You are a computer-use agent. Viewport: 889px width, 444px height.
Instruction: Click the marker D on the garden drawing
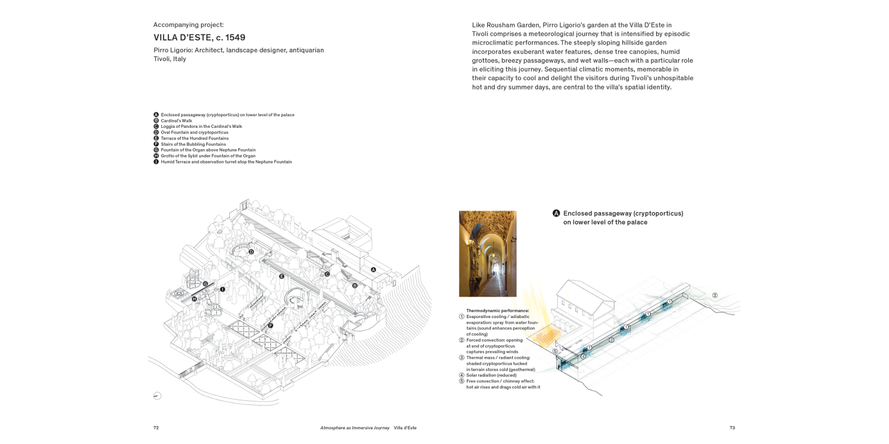251,252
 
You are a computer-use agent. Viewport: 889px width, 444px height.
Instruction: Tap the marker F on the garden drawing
270,326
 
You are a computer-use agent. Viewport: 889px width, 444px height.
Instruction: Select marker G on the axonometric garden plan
205,284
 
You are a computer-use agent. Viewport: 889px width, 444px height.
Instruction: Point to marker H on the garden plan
194,299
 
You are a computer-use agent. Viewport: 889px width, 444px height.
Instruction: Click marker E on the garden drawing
282,276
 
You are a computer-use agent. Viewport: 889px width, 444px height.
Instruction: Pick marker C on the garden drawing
327,274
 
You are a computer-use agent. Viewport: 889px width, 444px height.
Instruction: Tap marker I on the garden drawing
222,289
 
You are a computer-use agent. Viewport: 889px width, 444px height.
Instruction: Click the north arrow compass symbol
157,396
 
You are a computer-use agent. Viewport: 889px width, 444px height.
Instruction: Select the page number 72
156,428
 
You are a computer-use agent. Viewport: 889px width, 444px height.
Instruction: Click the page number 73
732,428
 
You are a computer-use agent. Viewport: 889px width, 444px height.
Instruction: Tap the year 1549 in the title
234,38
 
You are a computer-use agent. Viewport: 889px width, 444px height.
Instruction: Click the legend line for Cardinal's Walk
176,121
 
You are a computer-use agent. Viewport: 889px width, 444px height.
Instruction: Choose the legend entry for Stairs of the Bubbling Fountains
193,144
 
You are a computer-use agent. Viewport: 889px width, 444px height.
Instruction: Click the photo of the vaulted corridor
488,253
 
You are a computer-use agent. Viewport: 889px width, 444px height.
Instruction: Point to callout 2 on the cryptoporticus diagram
715,295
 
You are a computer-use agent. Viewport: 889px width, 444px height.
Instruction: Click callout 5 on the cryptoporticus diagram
555,351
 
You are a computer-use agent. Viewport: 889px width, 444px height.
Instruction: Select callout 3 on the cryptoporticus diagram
611,340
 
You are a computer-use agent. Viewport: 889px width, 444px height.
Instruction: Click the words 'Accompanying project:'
188,25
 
